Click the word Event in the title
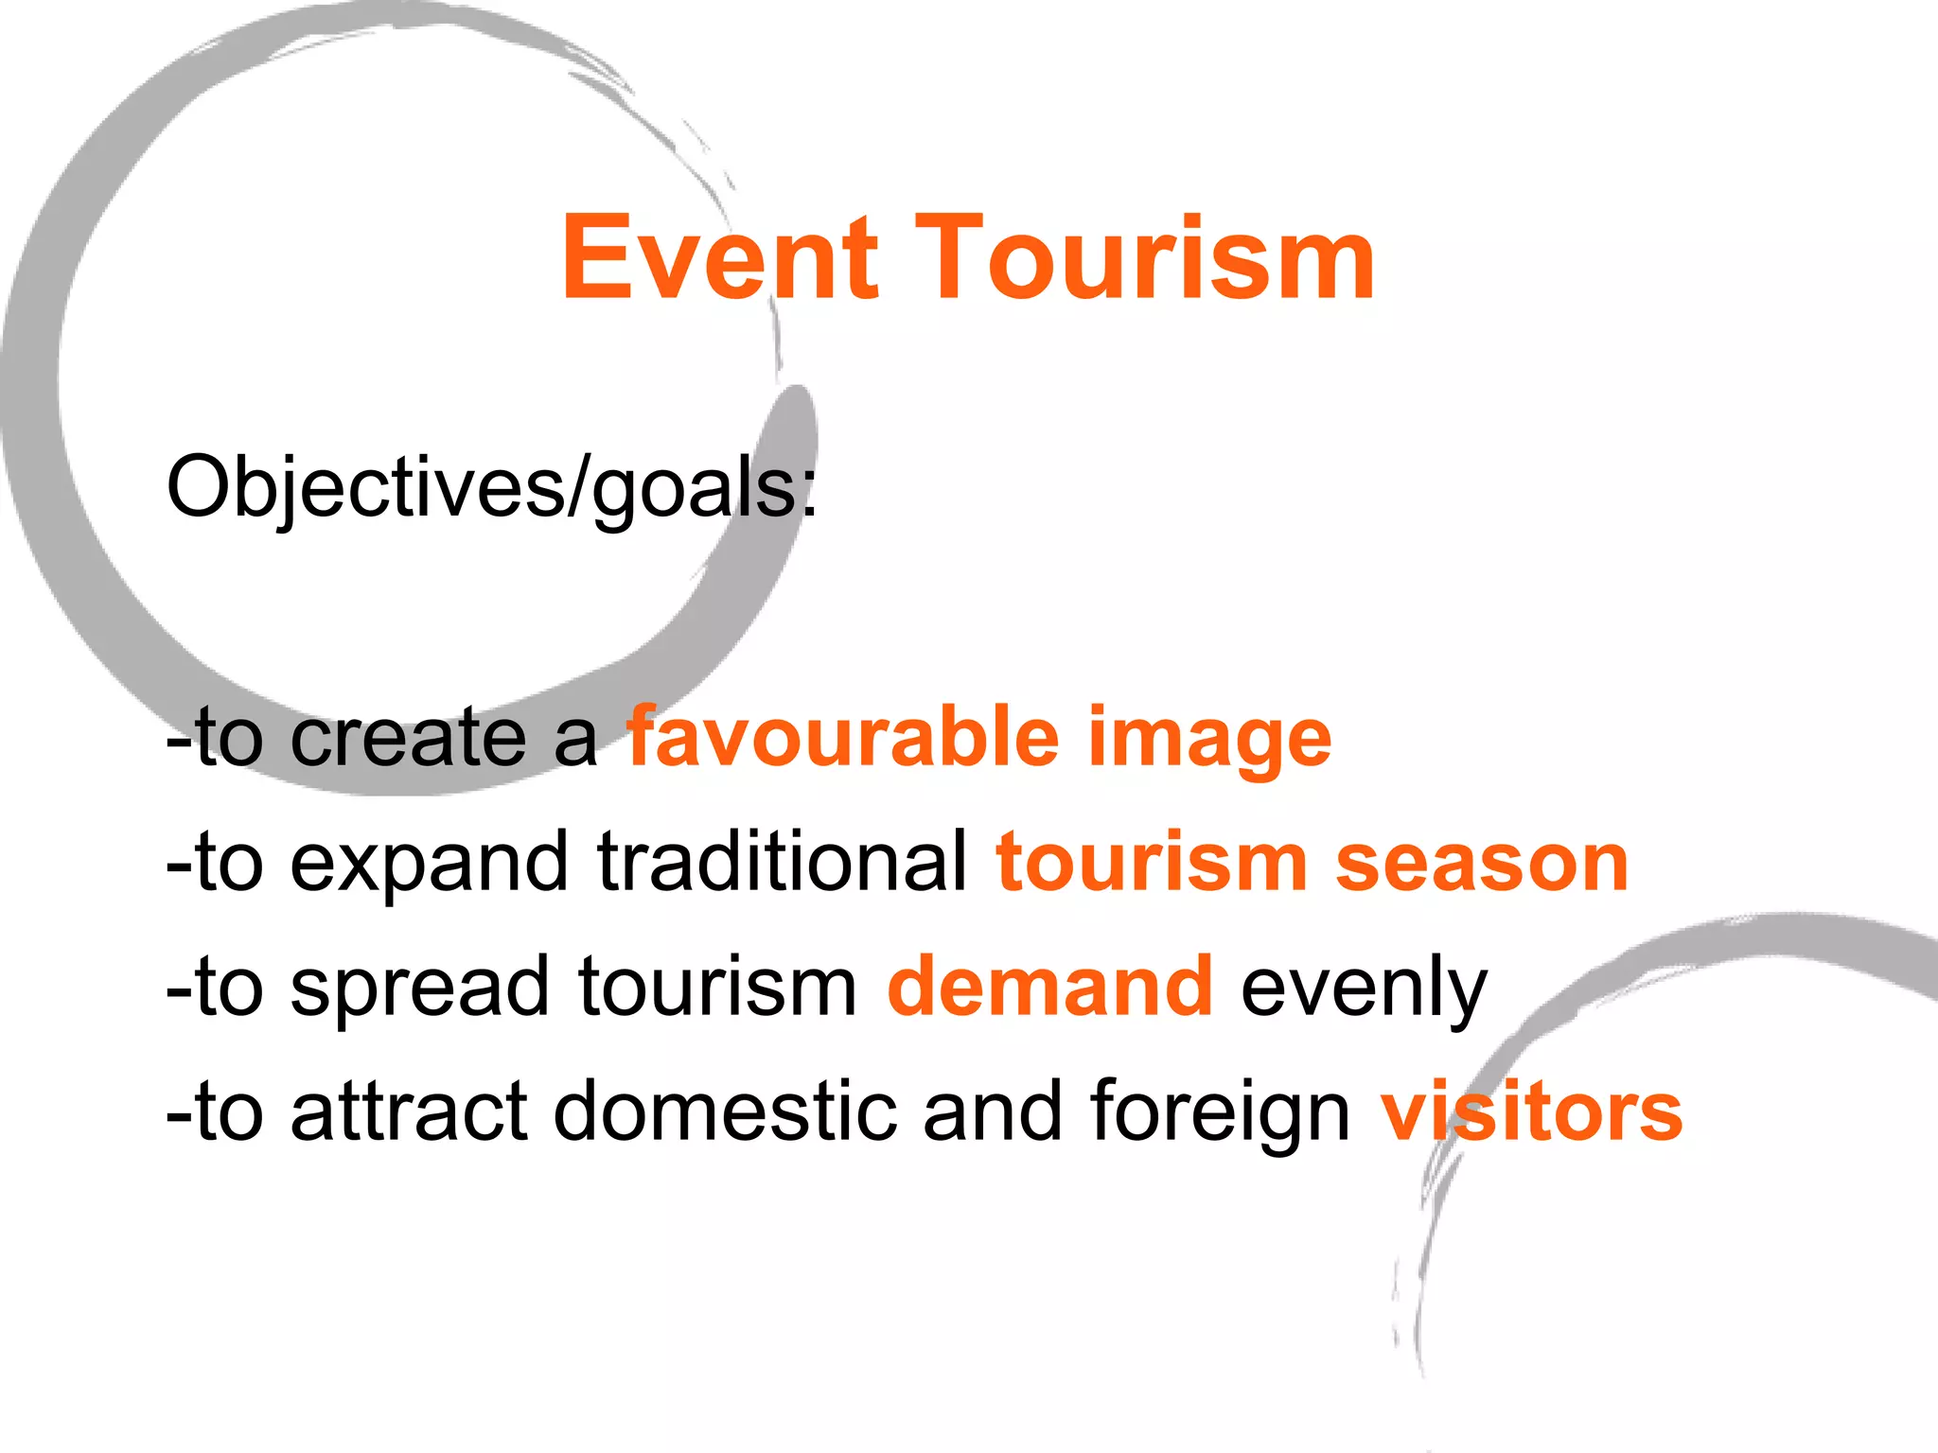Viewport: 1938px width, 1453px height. coord(719,258)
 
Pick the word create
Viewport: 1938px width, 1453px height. coord(408,738)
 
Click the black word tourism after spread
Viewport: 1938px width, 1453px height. coord(717,987)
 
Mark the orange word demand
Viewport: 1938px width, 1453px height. coord(1050,987)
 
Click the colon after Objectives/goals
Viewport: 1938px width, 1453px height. coord(809,495)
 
